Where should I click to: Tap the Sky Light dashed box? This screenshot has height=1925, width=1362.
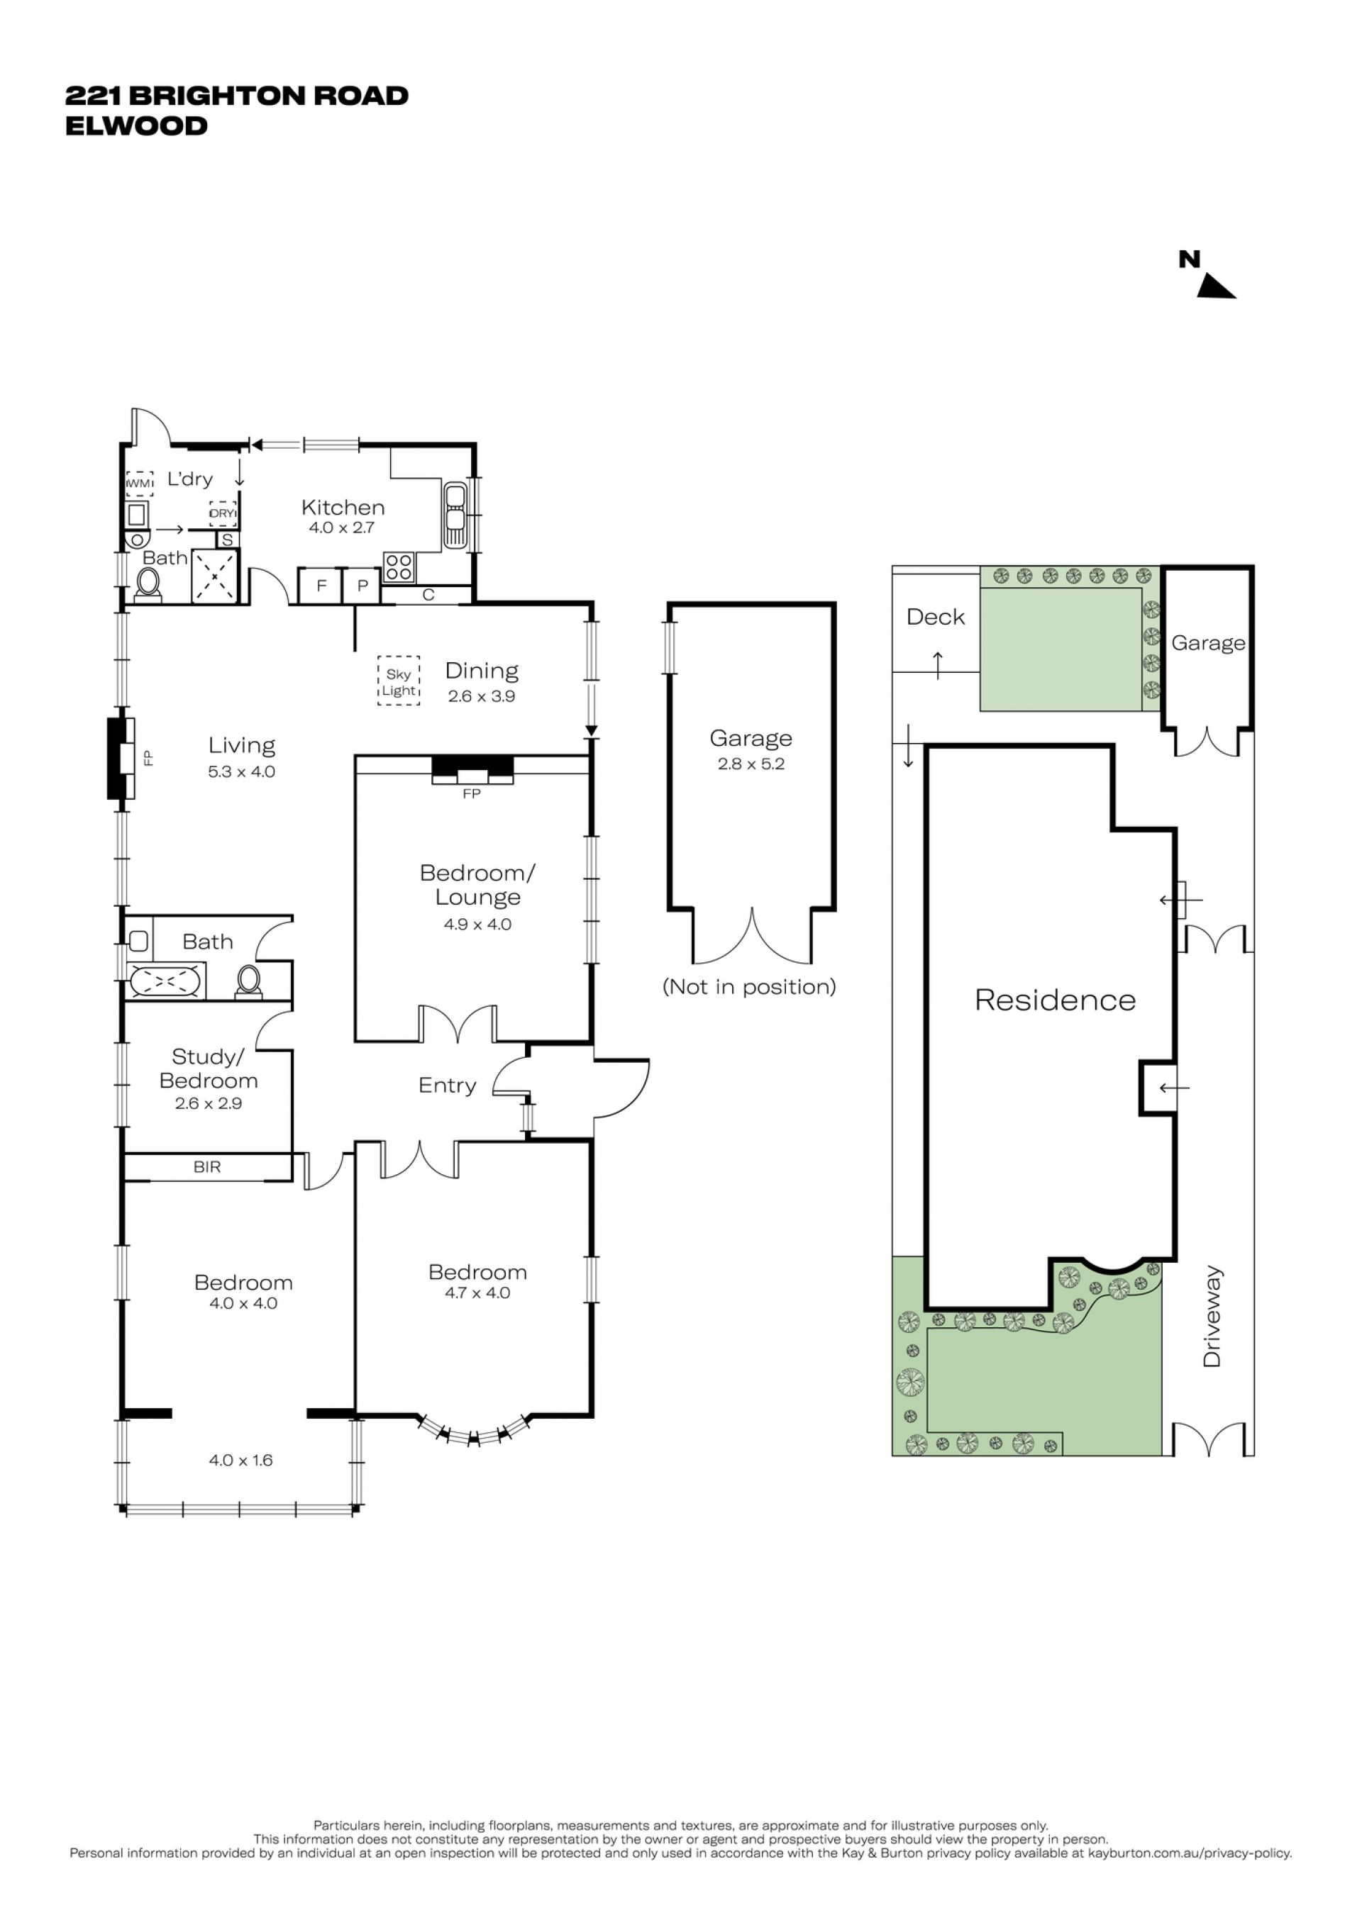tap(399, 680)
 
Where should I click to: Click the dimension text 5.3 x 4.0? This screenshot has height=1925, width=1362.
tap(241, 771)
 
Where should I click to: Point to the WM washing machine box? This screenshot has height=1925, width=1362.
tap(139, 484)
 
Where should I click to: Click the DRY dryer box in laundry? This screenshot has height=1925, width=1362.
tap(222, 513)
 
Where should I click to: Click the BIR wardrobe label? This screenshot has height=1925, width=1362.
tap(207, 1167)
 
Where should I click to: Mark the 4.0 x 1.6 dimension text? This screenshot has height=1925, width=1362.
tap(240, 1460)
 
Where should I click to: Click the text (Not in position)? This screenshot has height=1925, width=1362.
tap(750, 987)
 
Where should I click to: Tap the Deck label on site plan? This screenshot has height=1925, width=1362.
tap(936, 617)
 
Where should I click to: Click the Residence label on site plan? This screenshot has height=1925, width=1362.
tap(1055, 1000)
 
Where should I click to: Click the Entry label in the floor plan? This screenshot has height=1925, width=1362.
tap(447, 1086)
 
